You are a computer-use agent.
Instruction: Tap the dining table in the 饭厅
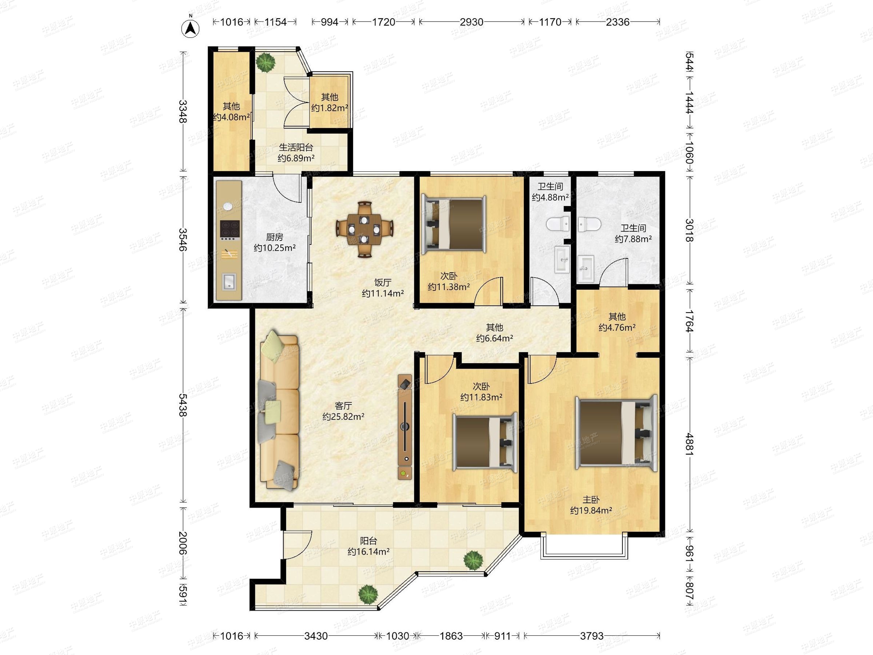pyautogui.click(x=364, y=229)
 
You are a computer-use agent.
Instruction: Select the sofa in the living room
pyautogui.click(x=279, y=410)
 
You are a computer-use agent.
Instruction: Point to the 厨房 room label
pyautogui.click(x=274, y=237)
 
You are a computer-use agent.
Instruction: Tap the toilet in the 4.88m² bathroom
pyautogui.click(x=558, y=225)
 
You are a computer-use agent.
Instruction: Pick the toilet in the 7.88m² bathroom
pyautogui.click(x=590, y=225)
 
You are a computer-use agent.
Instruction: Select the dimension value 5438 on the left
pyautogui.click(x=182, y=405)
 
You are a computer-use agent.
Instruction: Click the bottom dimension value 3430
pyautogui.click(x=316, y=636)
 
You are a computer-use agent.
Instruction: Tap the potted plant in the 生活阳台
pyautogui.click(x=265, y=62)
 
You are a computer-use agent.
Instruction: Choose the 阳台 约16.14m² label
pyautogui.click(x=368, y=546)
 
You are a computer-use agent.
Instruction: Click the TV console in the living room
pyautogui.click(x=405, y=427)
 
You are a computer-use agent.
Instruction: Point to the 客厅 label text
pyautogui.click(x=343, y=405)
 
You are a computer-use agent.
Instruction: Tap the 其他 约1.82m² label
pyautogui.click(x=330, y=102)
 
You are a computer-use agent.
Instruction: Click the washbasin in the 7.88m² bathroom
pyautogui.click(x=586, y=269)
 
